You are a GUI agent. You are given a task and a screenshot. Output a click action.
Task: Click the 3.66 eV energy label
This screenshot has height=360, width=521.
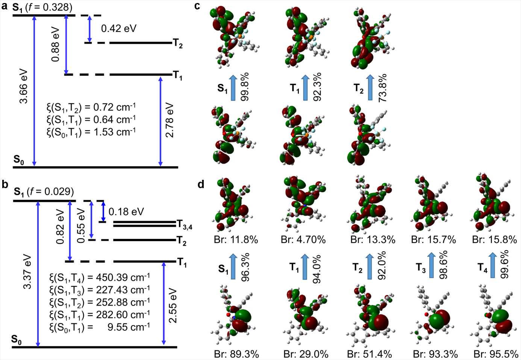(x=23, y=86)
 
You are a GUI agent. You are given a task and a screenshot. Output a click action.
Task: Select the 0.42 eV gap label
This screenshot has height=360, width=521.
(x=118, y=29)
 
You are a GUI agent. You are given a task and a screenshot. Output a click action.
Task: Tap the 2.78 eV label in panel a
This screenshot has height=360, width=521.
(x=170, y=120)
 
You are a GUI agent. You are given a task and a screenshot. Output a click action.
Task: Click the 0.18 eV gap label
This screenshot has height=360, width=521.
(x=126, y=212)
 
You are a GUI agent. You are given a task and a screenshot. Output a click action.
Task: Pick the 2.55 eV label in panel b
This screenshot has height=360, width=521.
(x=173, y=305)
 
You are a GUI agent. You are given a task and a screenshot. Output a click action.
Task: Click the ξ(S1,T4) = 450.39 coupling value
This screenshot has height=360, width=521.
(x=100, y=278)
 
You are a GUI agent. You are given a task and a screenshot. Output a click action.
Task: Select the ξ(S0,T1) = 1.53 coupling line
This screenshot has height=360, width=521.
(x=91, y=132)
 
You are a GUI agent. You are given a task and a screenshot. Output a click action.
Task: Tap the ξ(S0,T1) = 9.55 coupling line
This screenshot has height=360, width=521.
(x=100, y=327)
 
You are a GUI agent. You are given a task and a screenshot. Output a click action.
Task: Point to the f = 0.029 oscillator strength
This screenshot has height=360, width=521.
(x=50, y=192)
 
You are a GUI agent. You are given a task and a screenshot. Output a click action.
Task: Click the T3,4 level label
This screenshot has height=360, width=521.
(x=185, y=225)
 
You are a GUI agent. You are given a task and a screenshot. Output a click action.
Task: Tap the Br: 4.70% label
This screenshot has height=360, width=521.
(x=303, y=240)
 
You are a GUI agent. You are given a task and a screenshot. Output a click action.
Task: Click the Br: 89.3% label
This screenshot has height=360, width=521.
(x=236, y=354)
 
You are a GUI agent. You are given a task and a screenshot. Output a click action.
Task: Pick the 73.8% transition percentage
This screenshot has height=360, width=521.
(x=383, y=88)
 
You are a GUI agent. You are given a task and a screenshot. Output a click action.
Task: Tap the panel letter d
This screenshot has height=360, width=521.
(x=201, y=184)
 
